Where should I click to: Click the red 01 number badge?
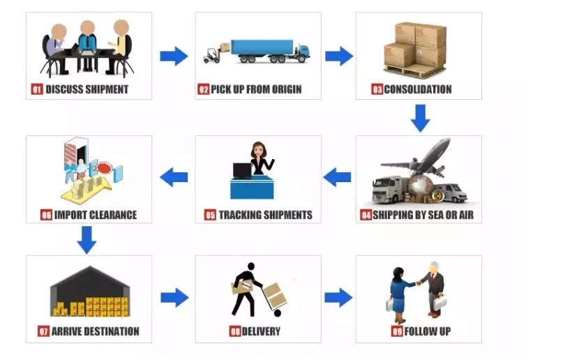click(x=38, y=89)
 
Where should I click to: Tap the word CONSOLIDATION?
click(x=417, y=89)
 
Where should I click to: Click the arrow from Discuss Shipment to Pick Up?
click(x=174, y=56)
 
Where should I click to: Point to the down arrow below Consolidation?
click(x=419, y=118)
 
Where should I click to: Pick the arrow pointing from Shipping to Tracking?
click(x=338, y=177)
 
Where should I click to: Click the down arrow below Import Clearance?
click(x=87, y=239)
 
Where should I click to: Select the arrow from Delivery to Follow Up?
click(x=338, y=297)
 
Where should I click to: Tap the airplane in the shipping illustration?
click(x=422, y=158)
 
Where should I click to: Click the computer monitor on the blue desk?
click(x=242, y=170)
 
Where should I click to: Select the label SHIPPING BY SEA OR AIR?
click(x=423, y=215)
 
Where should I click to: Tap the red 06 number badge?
click(x=47, y=215)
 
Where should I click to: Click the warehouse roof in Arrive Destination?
click(x=89, y=279)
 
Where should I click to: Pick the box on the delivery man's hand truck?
click(x=275, y=297)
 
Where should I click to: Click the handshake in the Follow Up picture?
click(x=419, y=283)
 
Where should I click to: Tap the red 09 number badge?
click(x=397, y=331)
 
